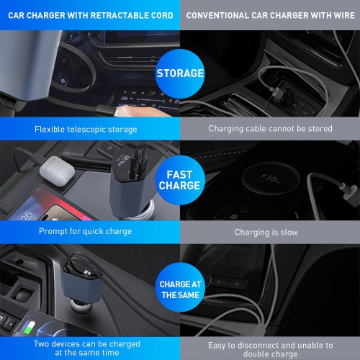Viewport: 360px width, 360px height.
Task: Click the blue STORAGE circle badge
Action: click(x=180, y=73)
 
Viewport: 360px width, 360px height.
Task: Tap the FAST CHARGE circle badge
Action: click(x=180, y=180)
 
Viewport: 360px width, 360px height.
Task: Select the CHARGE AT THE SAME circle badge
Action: click(x=180, y=288)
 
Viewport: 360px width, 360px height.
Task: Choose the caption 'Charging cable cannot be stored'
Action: click(x=270, y=129)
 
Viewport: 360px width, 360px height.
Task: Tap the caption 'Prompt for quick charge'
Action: click(x=85, y=232)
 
